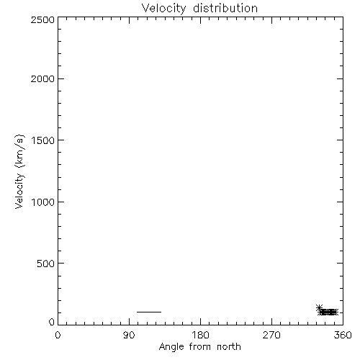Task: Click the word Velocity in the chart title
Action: pyautogui.click(x=163, y=9)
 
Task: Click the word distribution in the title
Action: pyautogui.click(x=225, y=8)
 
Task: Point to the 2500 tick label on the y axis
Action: pyautogui.click(x=42, y=19)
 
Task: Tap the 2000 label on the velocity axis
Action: pyautogui.click(x=42, y=78)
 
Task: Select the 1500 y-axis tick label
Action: pyautogui.click(x=43, y=140)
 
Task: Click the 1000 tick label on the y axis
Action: pyautogui.click(x=43, y=202)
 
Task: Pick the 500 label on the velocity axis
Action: pyautogui.click(x=46, y=264)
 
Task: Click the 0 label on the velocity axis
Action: pyautogui.click(x=52, y=322)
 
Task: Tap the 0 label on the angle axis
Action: pyautogui.click(x=58, y=335)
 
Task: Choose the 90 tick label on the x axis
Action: pyautogui.click(x=129, y=335)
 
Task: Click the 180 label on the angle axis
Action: pyautogui.click(x=200, y=335)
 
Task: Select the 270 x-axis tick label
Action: pyautogui.click(x=271, y=335)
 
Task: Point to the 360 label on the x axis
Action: pyautogui.click(x=343, y=335)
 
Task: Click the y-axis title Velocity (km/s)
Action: pyautogui.click(x=19, y=171)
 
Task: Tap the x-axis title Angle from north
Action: pyautogui.click(x=200, y=347)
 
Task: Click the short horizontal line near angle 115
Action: pyautogui.click(x=149, y=312)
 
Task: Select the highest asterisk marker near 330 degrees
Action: pyautogui.click(x=319, y=307)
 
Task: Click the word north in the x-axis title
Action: pyautogui.click(x=229, y=347)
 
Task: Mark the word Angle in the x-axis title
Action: pyautogui.click(x=171, y=348)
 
